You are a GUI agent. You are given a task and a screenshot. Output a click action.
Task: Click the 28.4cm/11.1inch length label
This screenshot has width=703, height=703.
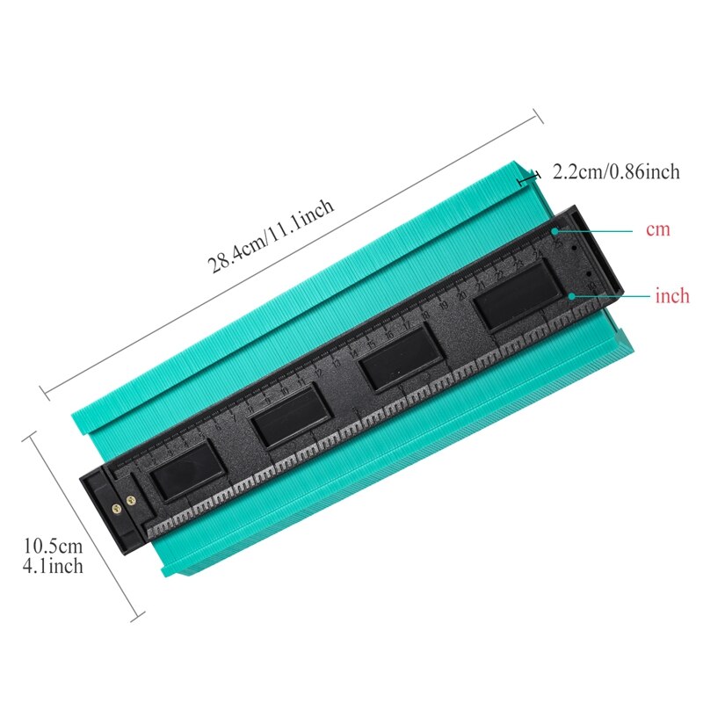pos(272,237)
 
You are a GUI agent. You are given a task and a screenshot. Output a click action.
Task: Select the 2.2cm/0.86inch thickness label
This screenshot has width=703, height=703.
pos(616,172)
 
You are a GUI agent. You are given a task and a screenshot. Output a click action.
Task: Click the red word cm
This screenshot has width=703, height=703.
pos(657,229)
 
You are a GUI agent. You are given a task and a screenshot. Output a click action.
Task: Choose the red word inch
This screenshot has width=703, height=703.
pos(672,295)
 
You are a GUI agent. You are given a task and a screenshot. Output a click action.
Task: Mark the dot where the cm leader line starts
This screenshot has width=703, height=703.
pos(557,230)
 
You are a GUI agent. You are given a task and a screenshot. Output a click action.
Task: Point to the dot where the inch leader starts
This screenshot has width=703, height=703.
pos(573,296)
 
